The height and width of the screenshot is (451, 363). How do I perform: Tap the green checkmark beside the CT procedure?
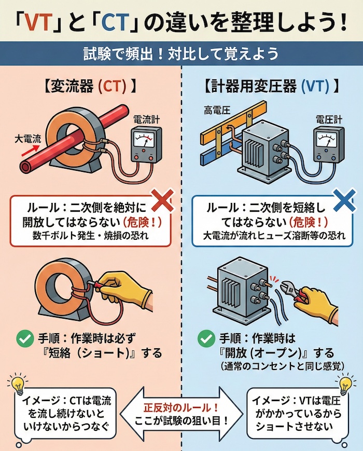tap(22, 340)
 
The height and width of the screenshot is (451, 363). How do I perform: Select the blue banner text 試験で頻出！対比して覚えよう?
tap(181, 53)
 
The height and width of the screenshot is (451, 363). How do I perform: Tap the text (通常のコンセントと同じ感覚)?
tap(270, 367)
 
